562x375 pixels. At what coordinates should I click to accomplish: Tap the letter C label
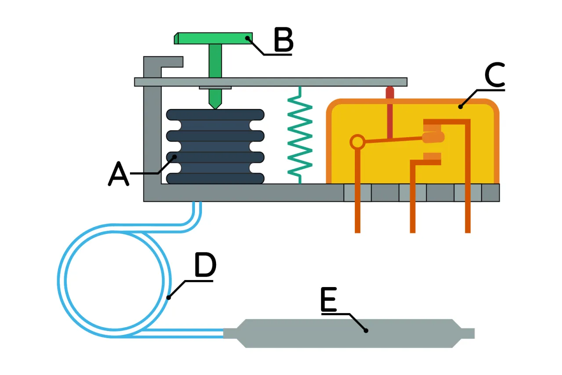click(495, 75)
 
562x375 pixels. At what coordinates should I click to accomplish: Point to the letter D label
click(205, 266)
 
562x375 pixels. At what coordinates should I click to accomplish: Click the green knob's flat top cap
click(213, 38)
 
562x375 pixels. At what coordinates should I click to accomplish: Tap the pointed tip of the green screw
click(215, 105)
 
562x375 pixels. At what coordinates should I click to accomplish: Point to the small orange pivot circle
click(357, 142)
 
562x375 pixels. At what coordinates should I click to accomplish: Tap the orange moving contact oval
click(433, 138)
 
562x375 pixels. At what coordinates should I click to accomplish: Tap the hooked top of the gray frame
click(167, 62)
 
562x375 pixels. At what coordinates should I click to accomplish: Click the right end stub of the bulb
click(468, 334)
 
